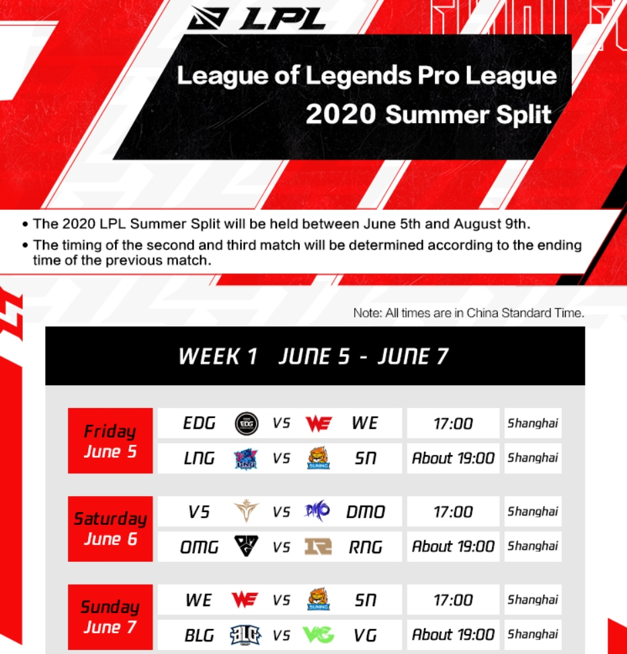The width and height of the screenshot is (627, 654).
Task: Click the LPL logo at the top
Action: pos(256,18)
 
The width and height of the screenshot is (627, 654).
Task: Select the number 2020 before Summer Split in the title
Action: pos(341,114)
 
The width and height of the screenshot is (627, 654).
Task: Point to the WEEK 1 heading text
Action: pos(218,357)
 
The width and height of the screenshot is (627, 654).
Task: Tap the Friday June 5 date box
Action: pos(110,440)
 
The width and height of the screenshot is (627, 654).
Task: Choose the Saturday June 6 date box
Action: pos(110,529)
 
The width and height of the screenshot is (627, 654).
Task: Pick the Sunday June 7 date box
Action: pos(110,617)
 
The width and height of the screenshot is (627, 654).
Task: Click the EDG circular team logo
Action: pos(247,423)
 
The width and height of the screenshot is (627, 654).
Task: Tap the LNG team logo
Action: pos(245,459)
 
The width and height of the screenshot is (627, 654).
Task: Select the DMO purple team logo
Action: pos(317,511)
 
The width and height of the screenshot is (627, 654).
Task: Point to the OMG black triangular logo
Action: pos(246,546)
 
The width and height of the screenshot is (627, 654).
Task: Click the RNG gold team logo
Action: pos(318,546)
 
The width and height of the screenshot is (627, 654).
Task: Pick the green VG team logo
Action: pos(319,635)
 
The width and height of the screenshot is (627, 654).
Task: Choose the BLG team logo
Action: pos(245,635)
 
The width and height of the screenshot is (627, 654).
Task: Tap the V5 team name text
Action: pos(199,512)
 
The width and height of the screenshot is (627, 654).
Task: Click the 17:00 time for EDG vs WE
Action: pos(453,423)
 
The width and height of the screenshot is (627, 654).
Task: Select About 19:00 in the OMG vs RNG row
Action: pos(453,546)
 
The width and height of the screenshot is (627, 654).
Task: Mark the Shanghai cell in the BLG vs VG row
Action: pos(533,635)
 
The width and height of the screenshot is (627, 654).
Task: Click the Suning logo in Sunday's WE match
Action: pos(319,600)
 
